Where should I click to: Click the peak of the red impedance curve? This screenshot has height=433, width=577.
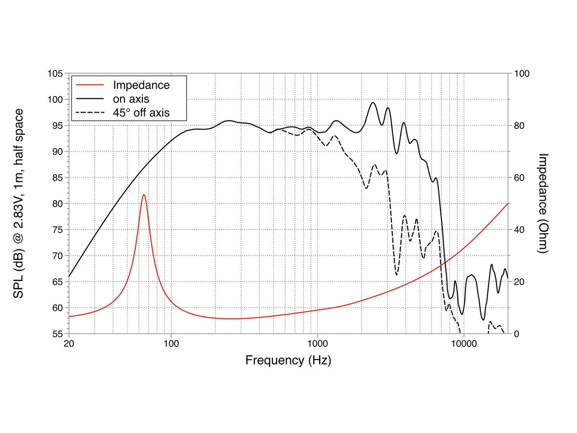[143, 195]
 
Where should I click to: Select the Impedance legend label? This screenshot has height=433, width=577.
[141, 85]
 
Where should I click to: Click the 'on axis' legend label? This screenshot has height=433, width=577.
[131, 99]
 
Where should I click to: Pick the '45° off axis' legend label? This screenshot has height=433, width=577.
[141, 113]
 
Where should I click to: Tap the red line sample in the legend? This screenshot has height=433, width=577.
[89, 85]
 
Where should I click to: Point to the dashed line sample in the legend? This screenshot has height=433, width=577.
[89, 113]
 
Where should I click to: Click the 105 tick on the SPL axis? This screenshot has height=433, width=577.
[55, 74]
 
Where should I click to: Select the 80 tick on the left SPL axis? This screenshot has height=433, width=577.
[58, 204]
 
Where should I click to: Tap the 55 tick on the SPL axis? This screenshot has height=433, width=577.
[58, 334]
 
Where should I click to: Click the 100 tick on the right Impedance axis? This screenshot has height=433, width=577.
[522, 74]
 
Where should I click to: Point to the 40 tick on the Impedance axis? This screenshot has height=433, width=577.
[519, 230]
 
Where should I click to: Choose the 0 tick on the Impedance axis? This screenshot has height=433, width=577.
[516, 334]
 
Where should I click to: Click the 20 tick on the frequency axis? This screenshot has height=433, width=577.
[69, 344]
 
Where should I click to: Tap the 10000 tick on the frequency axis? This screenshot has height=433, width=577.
[464, 344]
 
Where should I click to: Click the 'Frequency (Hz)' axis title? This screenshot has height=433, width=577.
[288, 360]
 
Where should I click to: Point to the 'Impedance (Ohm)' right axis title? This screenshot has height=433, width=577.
[542, 204]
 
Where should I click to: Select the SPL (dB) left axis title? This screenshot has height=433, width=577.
[18, 204]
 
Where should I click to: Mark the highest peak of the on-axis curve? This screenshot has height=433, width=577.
[373, 102]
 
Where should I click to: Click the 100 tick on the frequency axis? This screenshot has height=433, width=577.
[171, 344]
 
